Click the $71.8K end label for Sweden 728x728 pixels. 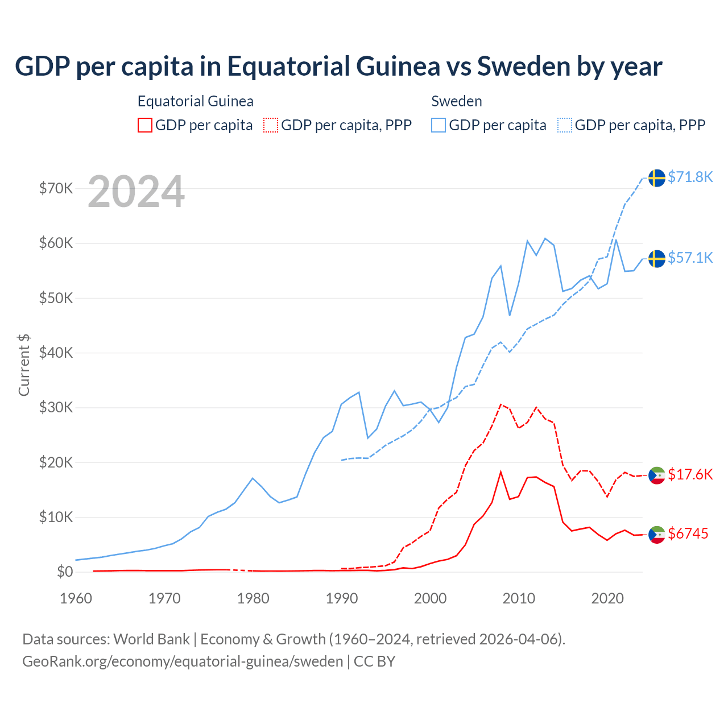(x=690, y=177)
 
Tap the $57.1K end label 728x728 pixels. (x=690, y=258)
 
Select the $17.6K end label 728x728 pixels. (x=690, y=474)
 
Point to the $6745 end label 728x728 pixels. (x=688, y=533)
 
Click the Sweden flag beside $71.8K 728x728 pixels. (x=657, y=177)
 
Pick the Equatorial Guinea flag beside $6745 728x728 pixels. (x=657, y=534)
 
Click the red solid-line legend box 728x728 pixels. (x=145, y=125)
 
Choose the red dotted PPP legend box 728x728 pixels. (x=271, y=125)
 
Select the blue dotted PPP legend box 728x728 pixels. (x=565, y=125)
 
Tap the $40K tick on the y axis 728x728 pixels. (x=56, y=353)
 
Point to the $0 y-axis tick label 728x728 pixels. (x=65, y=572)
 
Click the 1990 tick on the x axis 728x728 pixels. (x=342, y=598)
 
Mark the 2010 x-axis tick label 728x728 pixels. (x=519, y=598)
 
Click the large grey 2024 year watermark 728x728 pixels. (x=136, y=192)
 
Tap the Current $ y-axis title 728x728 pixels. (x=24, y=365)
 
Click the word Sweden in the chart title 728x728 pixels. (x=523, y=66)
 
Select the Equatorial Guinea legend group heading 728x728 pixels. (x=196, y=101)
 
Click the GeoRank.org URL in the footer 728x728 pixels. (x=183, y=661)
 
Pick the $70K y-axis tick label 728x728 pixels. (x=56, y=188)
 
